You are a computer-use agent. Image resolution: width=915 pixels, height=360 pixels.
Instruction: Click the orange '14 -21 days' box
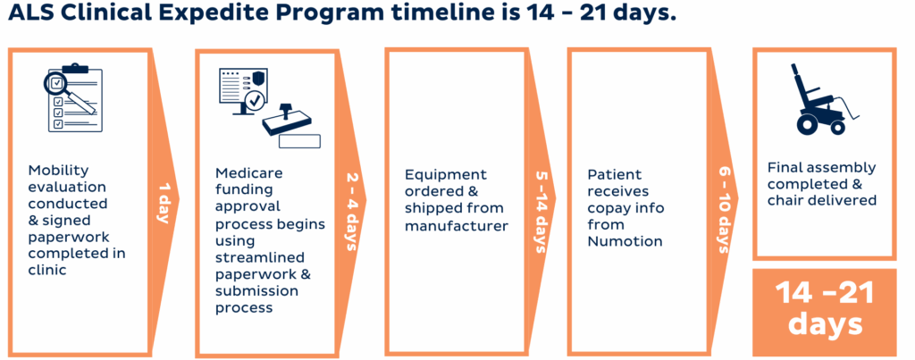coord(824,309)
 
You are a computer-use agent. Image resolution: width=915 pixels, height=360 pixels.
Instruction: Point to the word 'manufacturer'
coord(457,226)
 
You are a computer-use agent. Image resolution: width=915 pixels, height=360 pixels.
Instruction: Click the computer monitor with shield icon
coord(243,96)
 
